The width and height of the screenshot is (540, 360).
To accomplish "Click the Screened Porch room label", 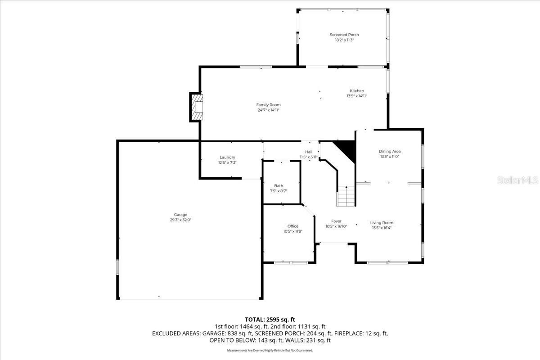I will pyautogui.click(x=344, y=35).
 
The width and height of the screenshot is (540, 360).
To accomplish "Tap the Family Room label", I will pyautogui.click(x=269, y=105).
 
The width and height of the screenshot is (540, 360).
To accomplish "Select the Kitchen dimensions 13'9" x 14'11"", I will pyautogui.click(x=357, y=96).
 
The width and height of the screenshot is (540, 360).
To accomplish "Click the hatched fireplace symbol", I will pyautogui.click(x=197, y=107).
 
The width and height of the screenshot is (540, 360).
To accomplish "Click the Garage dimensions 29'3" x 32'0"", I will pyautogui.click(x=181, y=220).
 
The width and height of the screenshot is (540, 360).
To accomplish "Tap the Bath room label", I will pyautogui.click(x=279, y=185).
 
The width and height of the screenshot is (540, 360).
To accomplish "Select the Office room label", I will pyautogui.click(x=292, y=226).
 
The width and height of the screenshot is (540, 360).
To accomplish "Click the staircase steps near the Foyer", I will pyautogui.click(x=346, y=196).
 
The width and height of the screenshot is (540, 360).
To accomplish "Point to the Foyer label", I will pyautogui.click(x=336, y=221).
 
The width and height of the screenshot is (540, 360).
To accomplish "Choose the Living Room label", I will pyautogui.click(x=382, y=222).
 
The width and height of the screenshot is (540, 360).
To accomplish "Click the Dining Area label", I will pyautogui.click(x=389, y=151).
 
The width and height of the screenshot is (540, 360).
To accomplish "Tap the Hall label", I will pyautogui.click(x=309, y=152).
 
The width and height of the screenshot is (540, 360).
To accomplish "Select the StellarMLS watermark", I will pyautogui.click(x=517, y=180).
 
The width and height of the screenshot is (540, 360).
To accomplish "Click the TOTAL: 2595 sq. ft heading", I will pyautogui.click(x=270, y=319).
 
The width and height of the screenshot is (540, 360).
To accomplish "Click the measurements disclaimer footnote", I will pyautogui.click(x=270, y=350).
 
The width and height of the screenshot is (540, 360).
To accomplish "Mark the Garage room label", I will pyautogui.click(x=181, y=215).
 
